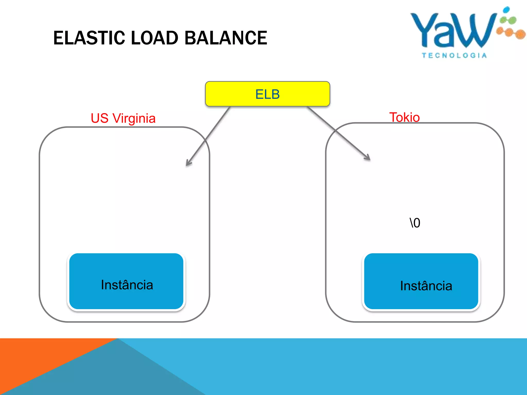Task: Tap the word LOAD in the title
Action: pyautogui.click(x=154, y=38)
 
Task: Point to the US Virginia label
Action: pyautogui.click(x=123, y=118)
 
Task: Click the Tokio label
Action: pyautogui.click(x=404, y=117)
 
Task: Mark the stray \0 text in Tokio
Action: pyautogui.click(x=415, y=223)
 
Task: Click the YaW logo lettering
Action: pyautogui.click(x=453, y=31)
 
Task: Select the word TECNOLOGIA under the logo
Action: pyautogui.click(x=454, y=56)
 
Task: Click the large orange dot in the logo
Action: pyautogui.click(x=520, y=34)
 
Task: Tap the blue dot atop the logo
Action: pyautogui.click(x=506, y=10)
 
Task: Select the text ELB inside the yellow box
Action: pyautogui.click(x=267, y=94)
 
